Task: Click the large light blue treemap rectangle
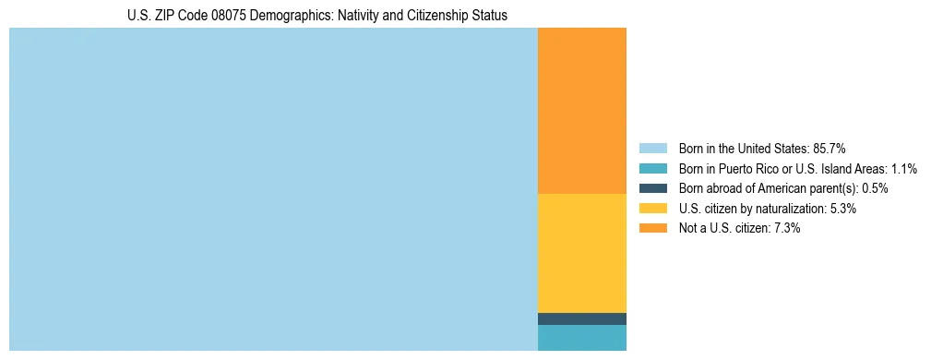pyautogui.click(x=273, y=189)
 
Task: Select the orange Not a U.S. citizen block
pyautogui.click(x=581, y=111)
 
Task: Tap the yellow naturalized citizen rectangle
pyautogui.click(x=581, y=253)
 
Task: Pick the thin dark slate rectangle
pyautogui.click(x=581, y=318)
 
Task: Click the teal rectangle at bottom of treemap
pyautogui.click(x=581, y=338)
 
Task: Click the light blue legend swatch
pyautogui.click(x=652, y=149)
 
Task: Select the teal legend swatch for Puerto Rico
pyautogui.click(x=652, y=169)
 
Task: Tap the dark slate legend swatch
pyautogui.click(x=652, y=188)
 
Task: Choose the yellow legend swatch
pyautogui.click(x=652, y=209)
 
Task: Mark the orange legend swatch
pyautogui.click(x=652, y=229)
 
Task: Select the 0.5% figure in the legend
pyautogui.click(x=875, y=188)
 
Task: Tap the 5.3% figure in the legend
pyautogui.click(x=841, y=209)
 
